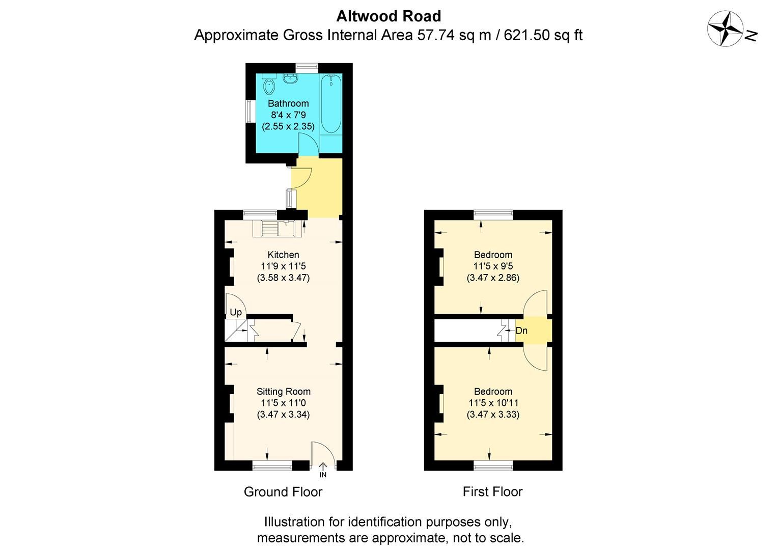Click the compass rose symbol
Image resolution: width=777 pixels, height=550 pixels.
coord(725,29)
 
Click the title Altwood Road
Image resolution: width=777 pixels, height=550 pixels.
coord(388,16)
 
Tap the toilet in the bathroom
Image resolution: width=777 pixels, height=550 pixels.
coord(268,86)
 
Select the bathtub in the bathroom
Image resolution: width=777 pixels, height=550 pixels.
coord(331,104)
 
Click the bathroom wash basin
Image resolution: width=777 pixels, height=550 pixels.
coord(291,79)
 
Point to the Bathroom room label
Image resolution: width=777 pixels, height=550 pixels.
coord(288,103)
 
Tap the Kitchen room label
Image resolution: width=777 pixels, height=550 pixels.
coord(284,255)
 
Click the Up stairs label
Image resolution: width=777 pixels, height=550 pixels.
coord(236,312)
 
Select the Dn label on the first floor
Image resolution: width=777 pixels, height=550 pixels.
coord(521,331)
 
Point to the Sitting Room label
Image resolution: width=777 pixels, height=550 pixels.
coord(283,392)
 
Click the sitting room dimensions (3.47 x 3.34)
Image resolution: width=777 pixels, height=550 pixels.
coord(283,414)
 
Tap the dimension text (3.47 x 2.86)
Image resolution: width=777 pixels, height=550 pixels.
coord(493,278)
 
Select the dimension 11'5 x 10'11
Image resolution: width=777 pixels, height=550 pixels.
coord(493,403)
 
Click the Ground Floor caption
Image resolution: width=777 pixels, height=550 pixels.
coord(283,491)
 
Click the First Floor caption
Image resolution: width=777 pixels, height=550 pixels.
coord(492,491)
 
